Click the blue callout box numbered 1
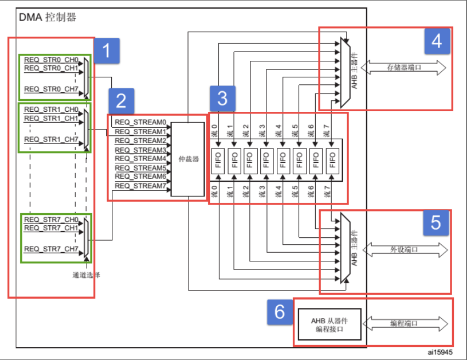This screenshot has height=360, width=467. [107, 52]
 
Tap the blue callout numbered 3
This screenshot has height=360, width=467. [223, 99]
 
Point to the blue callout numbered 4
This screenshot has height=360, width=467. [436, 39]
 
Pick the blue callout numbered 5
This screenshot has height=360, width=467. [435, 222]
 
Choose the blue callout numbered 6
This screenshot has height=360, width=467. [280, 312]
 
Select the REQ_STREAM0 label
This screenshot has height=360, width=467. [140, 123]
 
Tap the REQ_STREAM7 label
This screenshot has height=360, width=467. [140, 186]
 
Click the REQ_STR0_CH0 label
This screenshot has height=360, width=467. [51, 59]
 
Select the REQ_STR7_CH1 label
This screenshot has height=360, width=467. [51, 227]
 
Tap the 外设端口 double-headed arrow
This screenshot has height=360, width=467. [404, 249]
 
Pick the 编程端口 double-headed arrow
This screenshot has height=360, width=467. [404, 324]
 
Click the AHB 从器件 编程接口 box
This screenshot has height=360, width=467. [329, 325]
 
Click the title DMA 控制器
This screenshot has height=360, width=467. [48, 17]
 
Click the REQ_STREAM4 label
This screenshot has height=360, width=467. [140, 159]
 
